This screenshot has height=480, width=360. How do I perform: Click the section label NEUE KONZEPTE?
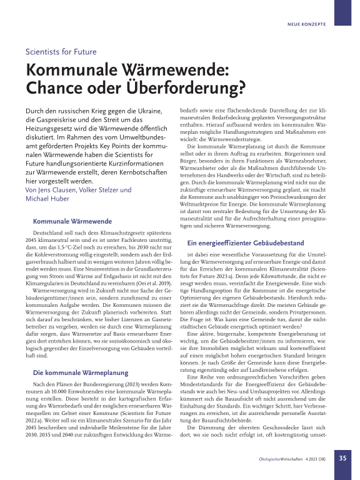pos(306,25)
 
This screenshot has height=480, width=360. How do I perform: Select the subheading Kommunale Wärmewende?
pos(72,221)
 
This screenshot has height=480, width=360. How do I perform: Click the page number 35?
pos(343,457)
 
